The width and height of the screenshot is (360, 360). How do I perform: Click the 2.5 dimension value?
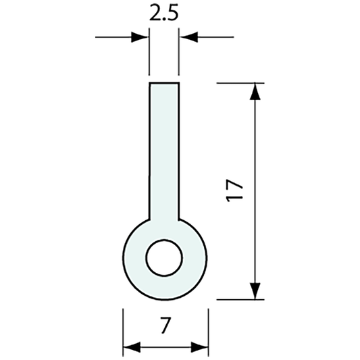[164, 15]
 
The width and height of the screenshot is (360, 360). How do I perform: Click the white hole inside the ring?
[164, 258]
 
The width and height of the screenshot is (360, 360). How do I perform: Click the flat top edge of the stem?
[164, 82]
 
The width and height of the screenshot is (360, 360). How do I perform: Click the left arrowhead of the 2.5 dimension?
[141, 37]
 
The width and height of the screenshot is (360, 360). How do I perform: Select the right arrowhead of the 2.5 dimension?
[187, 37]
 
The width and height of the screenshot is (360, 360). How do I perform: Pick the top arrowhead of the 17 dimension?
[255, 91]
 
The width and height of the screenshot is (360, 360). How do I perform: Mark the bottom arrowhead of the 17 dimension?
[255, 290]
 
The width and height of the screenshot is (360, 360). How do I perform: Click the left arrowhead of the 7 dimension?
[130, 348]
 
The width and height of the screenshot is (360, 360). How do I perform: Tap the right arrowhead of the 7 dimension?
[201, 348]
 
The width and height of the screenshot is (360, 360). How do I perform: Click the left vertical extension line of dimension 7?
[122, 331]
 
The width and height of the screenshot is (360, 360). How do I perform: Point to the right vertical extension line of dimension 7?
[208, 331]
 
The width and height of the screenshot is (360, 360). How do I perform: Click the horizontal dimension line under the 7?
[165, 348]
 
